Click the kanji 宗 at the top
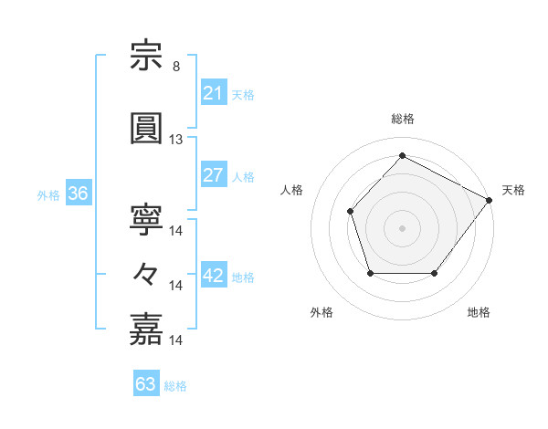point(146,55)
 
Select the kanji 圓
point(146,128)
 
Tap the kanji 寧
point(146,220)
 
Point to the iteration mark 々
point(145,275)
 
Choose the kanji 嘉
point(146,330)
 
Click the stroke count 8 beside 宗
point(176,67)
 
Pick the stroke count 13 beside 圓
point(175,140)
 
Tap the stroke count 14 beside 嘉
point(175,340)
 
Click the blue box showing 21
point(214,92)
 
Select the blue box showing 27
point(214,174)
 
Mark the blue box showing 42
point(214,274)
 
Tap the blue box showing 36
point(79,193)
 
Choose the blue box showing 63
point(146,382)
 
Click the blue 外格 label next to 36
point(48,195)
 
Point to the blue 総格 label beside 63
point(175,386)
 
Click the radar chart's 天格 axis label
point(513,191)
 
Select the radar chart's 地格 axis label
point(479,312)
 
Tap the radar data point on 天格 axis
point(490,200)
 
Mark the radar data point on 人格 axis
point(350,212)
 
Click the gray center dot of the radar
point(402,228)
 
